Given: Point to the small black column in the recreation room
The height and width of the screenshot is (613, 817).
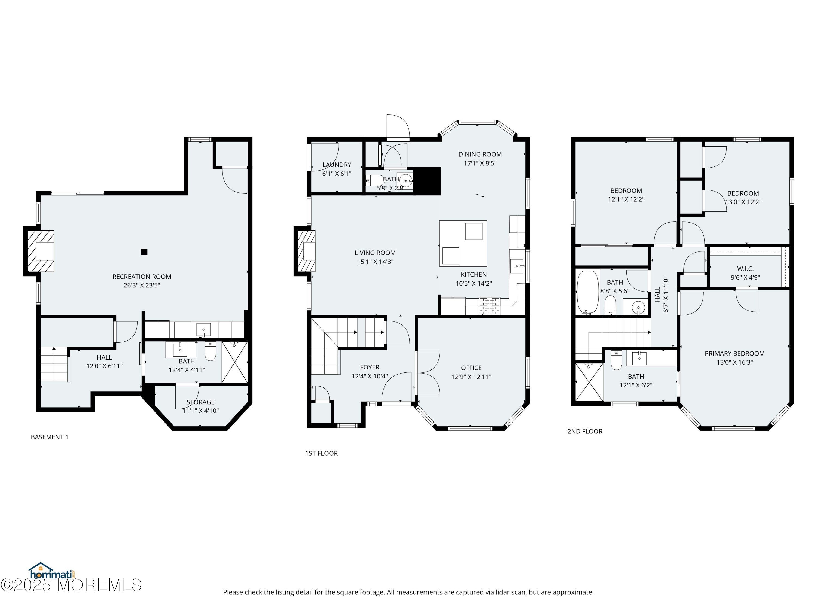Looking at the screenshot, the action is (x=144, y=252).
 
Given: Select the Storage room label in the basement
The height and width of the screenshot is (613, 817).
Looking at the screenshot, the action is (x=200, y=402).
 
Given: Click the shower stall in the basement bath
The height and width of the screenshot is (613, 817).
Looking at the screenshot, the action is (x=234, y=362).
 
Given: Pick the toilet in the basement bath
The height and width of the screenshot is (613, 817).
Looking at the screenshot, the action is (x=210, y=351).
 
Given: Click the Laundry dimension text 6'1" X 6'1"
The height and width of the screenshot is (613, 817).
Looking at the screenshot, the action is (x=337, y=174).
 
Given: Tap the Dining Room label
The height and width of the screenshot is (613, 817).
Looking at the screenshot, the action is (x=480, y=154).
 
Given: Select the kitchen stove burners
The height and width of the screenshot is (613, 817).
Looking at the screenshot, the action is (x=490, y=306).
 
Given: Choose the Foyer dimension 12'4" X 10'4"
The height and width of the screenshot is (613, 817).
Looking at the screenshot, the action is (x=370, y=377).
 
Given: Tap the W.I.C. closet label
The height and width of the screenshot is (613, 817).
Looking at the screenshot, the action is (x=745, y=269).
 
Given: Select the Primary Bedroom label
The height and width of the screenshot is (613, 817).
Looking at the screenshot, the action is (x=735, y=354).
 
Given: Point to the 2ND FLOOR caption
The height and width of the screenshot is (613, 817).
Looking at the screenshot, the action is (x=585, y=432).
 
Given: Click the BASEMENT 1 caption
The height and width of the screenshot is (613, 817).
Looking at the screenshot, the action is (x=50, y=437).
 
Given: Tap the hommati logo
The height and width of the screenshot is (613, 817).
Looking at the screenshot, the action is (x=52, y=571).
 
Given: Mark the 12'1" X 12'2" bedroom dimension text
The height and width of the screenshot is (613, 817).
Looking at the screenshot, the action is (x=626, y=199).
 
